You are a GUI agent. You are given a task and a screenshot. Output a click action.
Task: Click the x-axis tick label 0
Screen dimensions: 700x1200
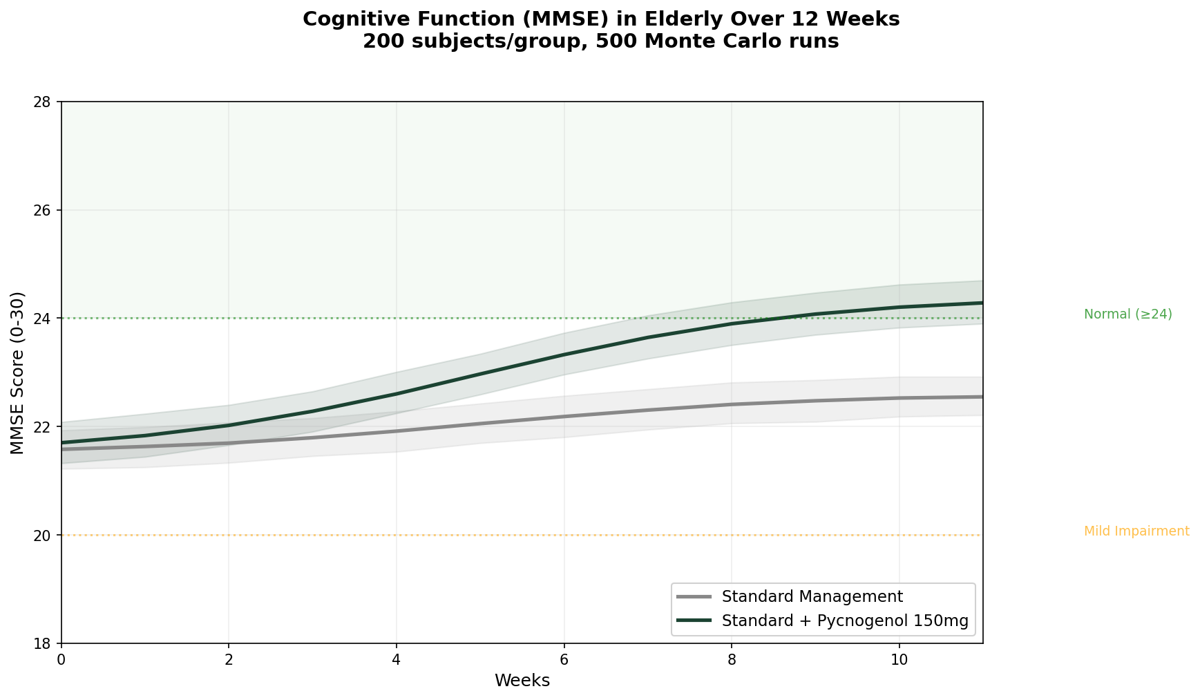tap(61, 660)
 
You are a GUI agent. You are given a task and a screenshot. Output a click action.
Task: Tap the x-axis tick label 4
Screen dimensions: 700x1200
tap(397, 660)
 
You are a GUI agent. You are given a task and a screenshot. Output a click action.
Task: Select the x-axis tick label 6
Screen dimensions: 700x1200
tap(564, 660)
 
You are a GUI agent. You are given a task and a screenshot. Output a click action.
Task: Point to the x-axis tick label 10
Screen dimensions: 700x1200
tap(899, 660)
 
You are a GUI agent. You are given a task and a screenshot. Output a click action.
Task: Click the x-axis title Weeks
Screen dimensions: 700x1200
tap(522, 681)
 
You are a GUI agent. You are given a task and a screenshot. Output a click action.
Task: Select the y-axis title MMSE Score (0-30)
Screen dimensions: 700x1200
tap(18, 373)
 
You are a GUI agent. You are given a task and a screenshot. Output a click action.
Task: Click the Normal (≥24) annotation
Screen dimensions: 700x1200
tap(1127, 314)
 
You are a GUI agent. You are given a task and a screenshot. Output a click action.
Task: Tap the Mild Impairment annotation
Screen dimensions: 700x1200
tap(1136, 531)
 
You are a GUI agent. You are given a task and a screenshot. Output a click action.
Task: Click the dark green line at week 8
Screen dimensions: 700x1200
tap(732, 323)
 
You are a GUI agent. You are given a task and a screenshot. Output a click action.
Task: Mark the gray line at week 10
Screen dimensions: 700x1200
tap(899, 398)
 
